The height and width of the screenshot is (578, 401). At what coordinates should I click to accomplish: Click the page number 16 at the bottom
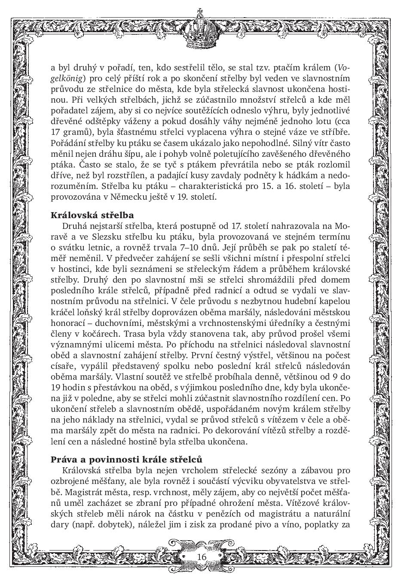(x=202, y=557)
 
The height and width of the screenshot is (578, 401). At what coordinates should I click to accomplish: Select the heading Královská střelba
(x=92, y=215)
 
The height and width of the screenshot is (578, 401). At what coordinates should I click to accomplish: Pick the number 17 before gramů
(x=57, y=132)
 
